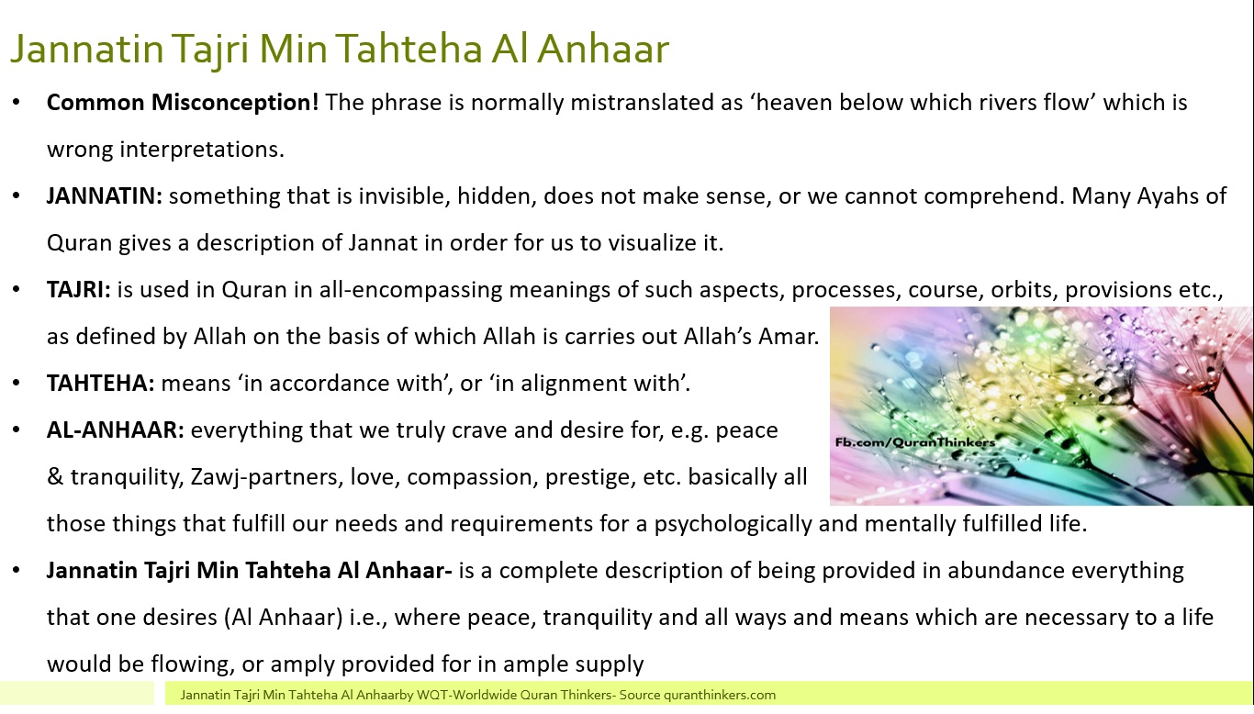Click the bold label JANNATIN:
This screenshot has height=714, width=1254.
[x=105, y=196]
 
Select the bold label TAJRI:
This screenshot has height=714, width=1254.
[x=79, y=290]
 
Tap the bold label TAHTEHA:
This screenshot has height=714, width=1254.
[x=101, y=384]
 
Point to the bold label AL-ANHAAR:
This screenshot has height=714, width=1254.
[x=116, y=430]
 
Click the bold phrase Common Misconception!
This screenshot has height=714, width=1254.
[x=183, y=104]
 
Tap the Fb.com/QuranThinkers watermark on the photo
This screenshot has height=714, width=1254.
[x=915, y=442]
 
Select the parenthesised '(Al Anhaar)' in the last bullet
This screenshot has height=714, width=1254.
[x=284, y=618]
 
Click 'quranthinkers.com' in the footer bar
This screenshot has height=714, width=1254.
[x=720, y=696]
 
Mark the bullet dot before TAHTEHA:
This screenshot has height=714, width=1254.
[x=17, y=384]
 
